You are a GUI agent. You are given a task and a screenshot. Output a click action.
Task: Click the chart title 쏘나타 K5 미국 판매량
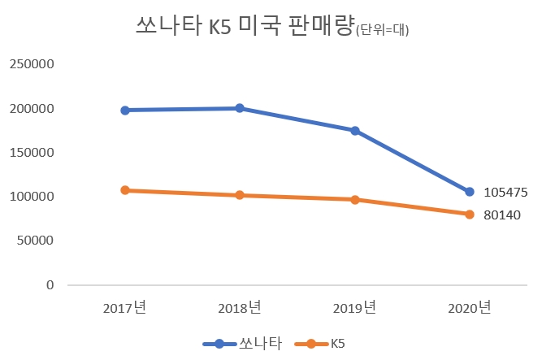click(x=243, y=26)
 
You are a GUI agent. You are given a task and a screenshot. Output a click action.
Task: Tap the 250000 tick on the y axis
click(x=32, y=64)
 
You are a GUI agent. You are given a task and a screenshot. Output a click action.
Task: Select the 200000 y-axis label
click(x=32, y=109)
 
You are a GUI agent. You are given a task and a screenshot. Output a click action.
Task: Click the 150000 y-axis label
click(x=32, y=153)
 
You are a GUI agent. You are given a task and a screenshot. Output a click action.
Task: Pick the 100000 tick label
click(x=32, y=197)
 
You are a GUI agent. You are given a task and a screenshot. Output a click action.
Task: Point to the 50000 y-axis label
click(x=35, y=241)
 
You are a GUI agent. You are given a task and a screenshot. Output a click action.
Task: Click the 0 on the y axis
click(x=50, y=285)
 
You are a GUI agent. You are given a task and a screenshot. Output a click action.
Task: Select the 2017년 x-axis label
click(x=124, y=308)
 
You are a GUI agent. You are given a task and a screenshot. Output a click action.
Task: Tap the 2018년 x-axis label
click(x=240, y=308)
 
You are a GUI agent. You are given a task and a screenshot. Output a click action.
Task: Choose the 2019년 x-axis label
click(x=354, y=308)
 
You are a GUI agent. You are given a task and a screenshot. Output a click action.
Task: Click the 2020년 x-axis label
click(x=470, y=308)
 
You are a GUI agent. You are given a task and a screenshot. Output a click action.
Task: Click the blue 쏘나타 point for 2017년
click(x=125, y=111)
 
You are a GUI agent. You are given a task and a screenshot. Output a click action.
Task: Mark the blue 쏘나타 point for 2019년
click(x=355, y=131)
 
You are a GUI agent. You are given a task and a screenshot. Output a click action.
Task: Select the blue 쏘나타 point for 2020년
click(x=470, y=192)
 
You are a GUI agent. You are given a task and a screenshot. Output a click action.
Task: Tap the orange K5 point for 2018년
click(x=240, y=195)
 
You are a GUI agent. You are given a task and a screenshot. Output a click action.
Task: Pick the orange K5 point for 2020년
click(x=470, y=215)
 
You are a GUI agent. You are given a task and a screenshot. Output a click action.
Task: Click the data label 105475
click(x=505, y=193)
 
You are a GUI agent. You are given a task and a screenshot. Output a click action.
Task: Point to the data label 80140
click(x=501, y=216)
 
